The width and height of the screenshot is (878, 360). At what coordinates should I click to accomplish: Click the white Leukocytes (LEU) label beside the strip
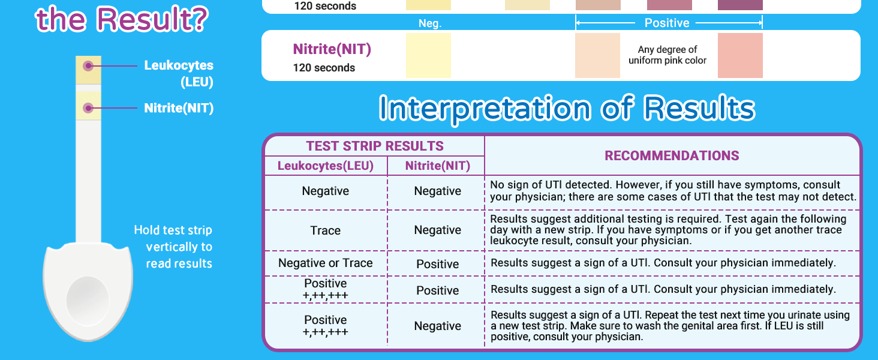(179, 73)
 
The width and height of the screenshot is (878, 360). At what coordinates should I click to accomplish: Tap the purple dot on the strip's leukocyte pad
(88, 65)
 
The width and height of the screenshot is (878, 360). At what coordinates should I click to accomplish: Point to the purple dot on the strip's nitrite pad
(88, 109)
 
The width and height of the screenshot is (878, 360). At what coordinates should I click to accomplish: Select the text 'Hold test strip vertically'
(173, 238)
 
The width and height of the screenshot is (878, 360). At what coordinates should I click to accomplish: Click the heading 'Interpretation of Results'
(567, 109)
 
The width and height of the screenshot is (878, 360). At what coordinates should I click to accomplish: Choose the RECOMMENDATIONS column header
(672, 156)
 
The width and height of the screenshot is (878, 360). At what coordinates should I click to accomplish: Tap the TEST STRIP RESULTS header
(375, 146)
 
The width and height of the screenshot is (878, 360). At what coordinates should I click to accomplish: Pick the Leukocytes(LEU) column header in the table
(326, 166)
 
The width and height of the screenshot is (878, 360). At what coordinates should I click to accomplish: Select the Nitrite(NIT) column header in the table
(437, 166)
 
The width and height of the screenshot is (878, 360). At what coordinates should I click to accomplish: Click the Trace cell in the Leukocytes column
(326, 230)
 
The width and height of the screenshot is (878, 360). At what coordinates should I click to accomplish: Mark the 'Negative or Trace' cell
(326, 263)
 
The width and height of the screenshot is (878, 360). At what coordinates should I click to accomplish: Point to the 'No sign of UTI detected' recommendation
(673, 191)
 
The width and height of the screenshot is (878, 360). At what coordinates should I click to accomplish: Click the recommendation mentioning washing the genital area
(670, 326)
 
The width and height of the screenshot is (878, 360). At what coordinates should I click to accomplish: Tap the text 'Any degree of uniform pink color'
(667, 55)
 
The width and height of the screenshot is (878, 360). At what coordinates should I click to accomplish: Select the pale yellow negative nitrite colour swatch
(428, 55)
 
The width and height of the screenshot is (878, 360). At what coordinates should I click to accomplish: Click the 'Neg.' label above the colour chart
(430, 23)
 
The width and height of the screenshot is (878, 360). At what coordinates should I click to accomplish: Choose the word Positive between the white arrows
(667, 23)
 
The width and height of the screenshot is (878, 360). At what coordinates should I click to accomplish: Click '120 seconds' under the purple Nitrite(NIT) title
(324, 68)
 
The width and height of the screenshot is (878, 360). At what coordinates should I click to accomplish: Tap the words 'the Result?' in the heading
(122, 19)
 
